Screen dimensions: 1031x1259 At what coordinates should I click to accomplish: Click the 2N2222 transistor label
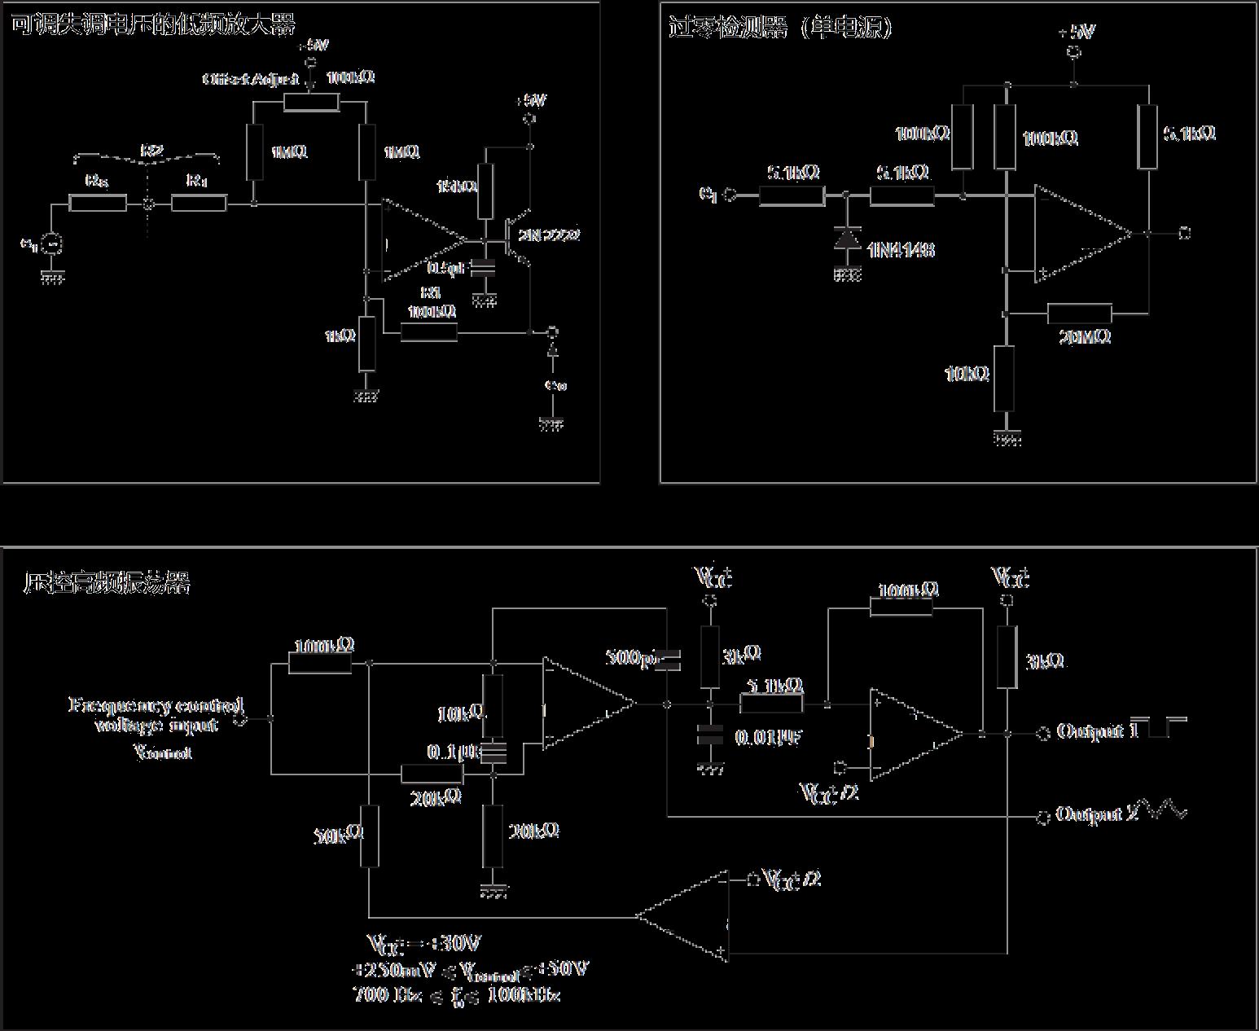[x=551, y=235]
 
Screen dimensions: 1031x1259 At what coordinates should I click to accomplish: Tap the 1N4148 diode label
[x=901, y=250]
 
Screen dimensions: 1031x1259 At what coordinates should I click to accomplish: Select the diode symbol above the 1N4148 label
[x=848, y=239]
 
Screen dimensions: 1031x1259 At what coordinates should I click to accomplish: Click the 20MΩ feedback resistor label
[x=1085, y=336]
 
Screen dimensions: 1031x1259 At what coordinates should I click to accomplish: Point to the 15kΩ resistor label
[x=457, y=186]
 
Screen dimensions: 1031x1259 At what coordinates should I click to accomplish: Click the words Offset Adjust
[x=251, y=79]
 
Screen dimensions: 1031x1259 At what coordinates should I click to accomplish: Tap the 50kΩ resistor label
[x=338, y=835]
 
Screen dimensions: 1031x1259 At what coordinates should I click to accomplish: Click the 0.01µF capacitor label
[x=769, y=738]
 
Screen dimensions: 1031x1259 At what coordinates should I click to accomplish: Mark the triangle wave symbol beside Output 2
[x=1166, y=809]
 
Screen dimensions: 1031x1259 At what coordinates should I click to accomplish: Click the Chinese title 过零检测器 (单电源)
[x=780, y=28]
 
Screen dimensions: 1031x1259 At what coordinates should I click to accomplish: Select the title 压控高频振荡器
[x=107, y=583]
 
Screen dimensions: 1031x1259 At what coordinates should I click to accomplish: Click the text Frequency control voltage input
[x=156, y=715]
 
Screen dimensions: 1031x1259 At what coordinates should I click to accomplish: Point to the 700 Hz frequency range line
[x=456, y=994]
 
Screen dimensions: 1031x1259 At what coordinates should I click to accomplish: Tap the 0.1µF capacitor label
[x=453, y=751]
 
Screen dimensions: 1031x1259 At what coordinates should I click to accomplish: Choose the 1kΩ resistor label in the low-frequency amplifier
[x=340, y=336]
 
